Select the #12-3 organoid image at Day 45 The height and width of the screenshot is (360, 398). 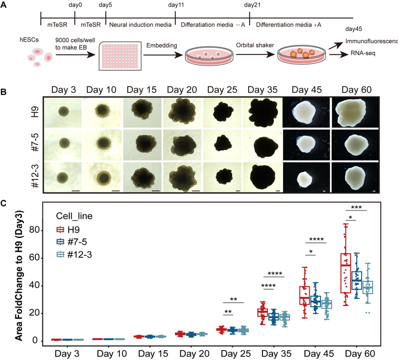pos(302,179)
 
